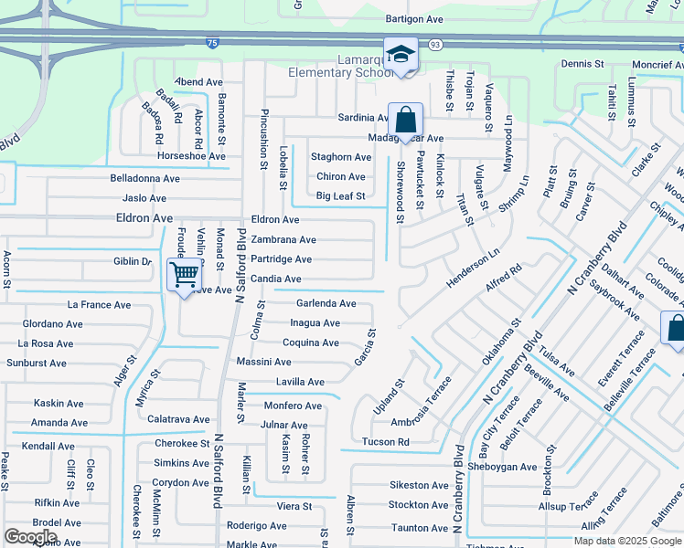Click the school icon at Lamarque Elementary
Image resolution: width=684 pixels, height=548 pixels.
pyautogui.click(x=401, y=54)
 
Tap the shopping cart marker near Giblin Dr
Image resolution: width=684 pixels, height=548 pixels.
pyautogui.click(x=185, y=273)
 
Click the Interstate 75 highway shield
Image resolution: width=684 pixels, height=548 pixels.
pyautogui.click(x=212, y=43)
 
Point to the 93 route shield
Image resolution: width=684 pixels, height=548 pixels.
pyautogui.click(x=435, y=44)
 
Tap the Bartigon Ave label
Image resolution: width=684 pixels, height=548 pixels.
pyautogui.click(x=413, y=18)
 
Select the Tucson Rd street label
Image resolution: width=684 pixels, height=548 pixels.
pyautogui.click(x=384, y=442)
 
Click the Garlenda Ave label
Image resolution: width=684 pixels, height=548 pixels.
pyautogui.click(x=326, y=303)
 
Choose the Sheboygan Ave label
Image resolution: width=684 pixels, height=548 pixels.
pyautogui.click(x=502, y=467)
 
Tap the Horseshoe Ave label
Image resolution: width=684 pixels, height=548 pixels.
pyautogui.click(x=191, y=156)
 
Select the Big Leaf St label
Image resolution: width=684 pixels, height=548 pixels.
pyautogui.click(x=340, y=196)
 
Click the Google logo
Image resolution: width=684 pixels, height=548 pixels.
pyautogui.click(x=30, y=537)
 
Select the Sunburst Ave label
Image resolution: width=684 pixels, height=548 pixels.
pyautogui.click(x=37, y=363)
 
